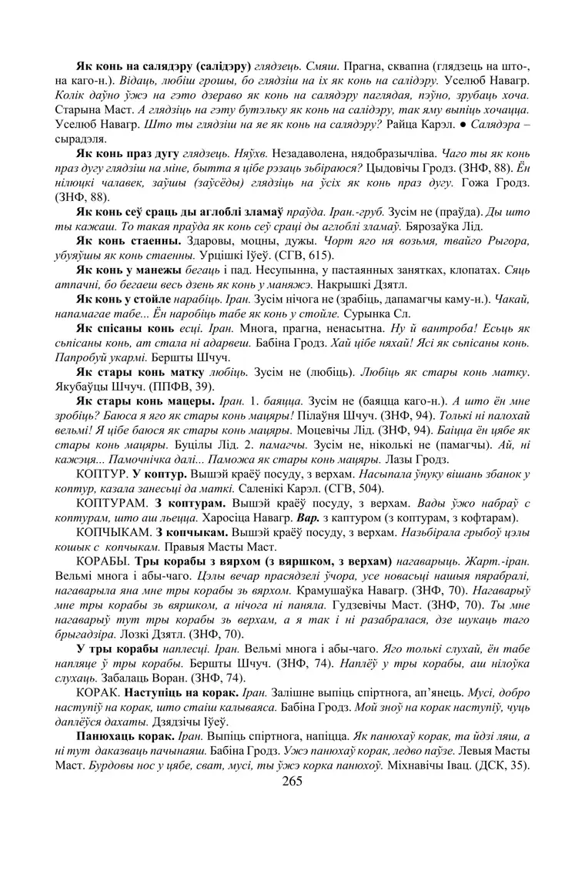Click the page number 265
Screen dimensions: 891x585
(x=292, y=781)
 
